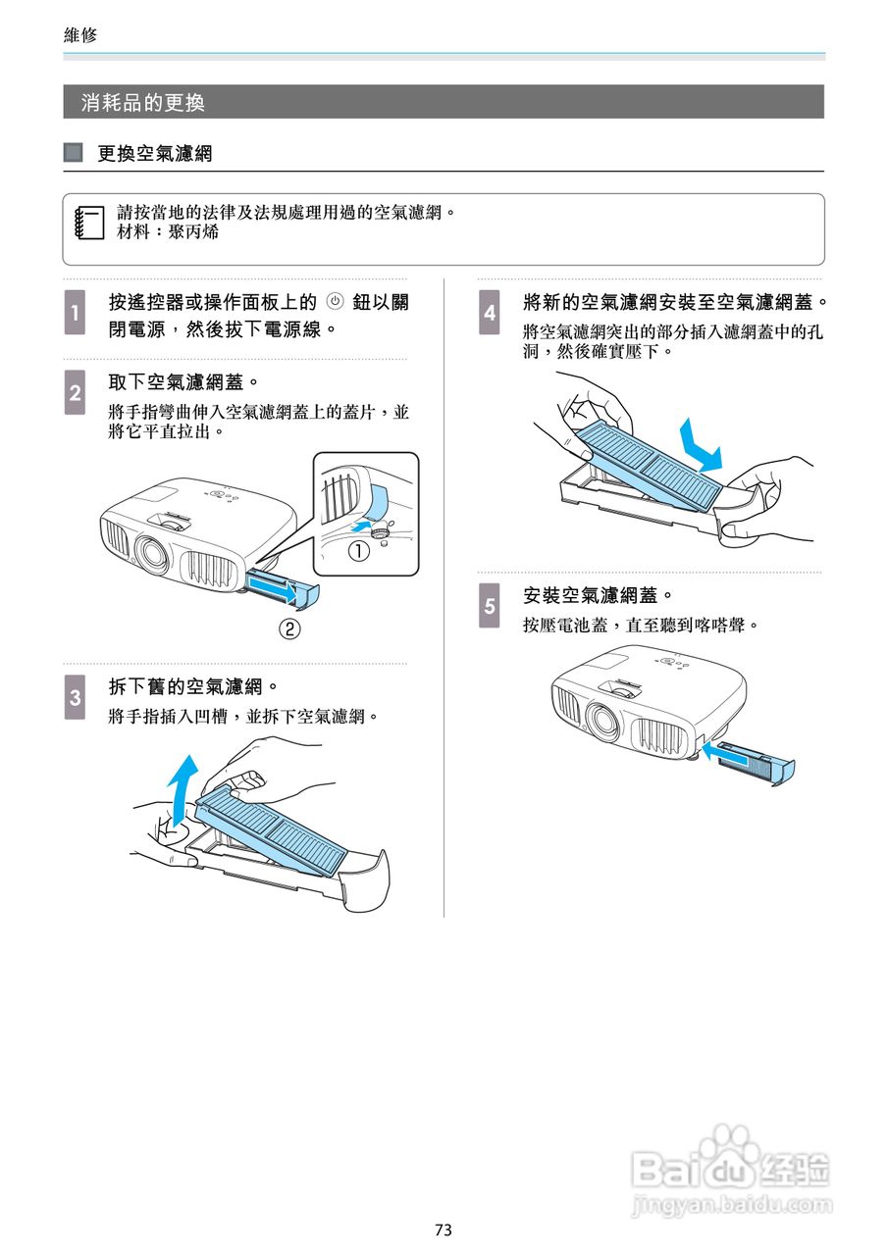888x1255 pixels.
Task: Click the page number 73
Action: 444,1230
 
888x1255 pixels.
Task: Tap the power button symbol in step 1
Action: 336,302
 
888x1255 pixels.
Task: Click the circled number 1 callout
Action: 359,552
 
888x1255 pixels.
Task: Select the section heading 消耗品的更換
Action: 143,102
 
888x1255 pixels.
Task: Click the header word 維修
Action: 80,35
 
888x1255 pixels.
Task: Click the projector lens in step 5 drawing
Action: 601,723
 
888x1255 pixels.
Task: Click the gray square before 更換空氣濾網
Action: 74,154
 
